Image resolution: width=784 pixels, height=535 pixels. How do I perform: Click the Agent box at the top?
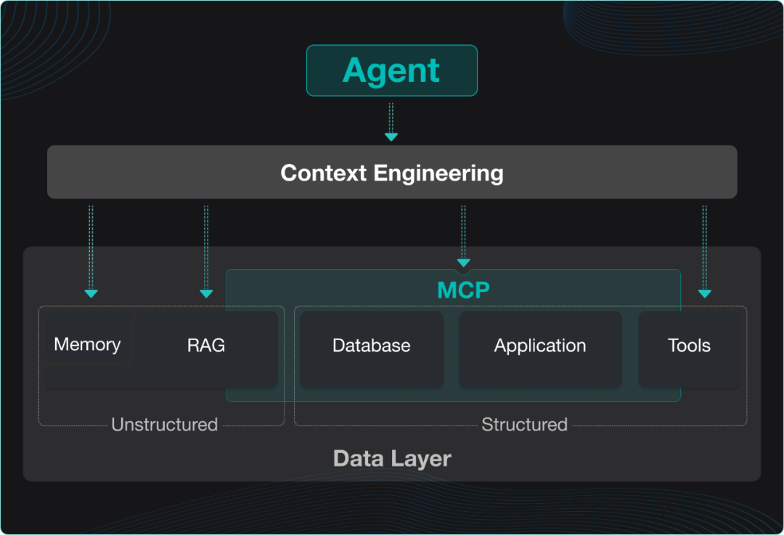tap(391, 70)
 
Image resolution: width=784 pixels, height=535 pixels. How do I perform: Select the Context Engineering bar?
tap(392, 173)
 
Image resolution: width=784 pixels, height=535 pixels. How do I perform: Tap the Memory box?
tap(87, 344)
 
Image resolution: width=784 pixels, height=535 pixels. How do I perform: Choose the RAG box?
tap(206, 346)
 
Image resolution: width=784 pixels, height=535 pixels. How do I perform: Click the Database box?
tap(371, 346)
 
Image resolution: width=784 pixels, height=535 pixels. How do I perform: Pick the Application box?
tap(540, 346)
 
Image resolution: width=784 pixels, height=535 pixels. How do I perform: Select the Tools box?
tap(689, 346)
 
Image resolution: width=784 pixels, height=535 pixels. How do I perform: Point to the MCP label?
tap(463, 291)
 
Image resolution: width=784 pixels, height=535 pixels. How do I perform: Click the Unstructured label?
tap(164, 425)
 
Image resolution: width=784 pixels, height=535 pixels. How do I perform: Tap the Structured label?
tap(524, 425)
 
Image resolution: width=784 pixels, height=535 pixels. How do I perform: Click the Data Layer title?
tap(392, 458)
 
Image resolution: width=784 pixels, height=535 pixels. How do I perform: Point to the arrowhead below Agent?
tap(391, 136)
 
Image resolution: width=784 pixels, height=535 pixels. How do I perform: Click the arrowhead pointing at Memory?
tap(91, 294)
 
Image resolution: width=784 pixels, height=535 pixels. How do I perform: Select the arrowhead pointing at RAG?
tap(206, 294)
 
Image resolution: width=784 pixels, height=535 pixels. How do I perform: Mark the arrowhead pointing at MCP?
tap(463, 262)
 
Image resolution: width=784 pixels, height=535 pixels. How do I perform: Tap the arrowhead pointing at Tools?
tap(704, 294)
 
